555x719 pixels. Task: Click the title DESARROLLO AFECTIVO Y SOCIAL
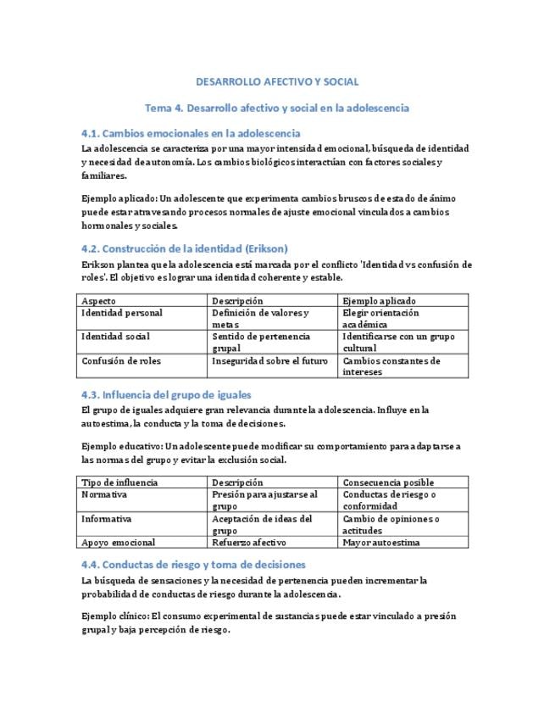[x=277, y=82]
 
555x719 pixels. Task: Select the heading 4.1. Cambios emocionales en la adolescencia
[x=191, y=134]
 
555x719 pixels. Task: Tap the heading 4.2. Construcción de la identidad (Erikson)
[x=185, y=248]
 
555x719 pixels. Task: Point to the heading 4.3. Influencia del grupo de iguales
[x=166, y=394]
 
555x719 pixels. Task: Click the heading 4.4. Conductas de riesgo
[x=193, y=564]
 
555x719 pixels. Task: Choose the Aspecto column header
[x=98, y=301]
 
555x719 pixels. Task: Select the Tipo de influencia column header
[x=119, y=482]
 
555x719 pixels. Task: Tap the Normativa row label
[x=103, y=494]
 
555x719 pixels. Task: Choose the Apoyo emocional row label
[x=118, y=542]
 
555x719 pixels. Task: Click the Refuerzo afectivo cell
[x=249, y=542]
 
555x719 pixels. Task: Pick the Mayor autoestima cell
[x=381, y=542]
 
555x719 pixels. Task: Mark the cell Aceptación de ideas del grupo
[x=262, y=524]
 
